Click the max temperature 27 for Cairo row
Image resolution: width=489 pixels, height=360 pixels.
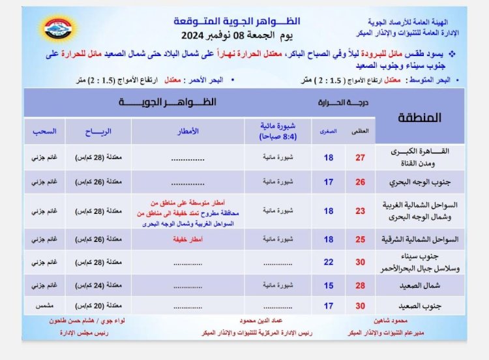pyautogui.click(x=360, y=157)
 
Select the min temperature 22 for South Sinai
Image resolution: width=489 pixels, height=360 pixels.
pyautogui.click(x=329, y=262)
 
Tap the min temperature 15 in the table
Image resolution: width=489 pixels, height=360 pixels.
pyautogui.click(x=329, y=285)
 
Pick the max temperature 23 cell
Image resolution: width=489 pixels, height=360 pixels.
pyautogui.click(x=360, y=211)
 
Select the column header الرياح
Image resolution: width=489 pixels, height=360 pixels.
pyautogui.click(x=98, y=131)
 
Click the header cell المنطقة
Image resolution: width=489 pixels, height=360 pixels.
pyautogui.click(x=419, y=117)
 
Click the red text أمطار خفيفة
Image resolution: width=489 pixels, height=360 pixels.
pyautogui.click(x=188, y=239)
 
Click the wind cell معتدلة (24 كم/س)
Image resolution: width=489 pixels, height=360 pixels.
pyautogui.click(x=98, y=285)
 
